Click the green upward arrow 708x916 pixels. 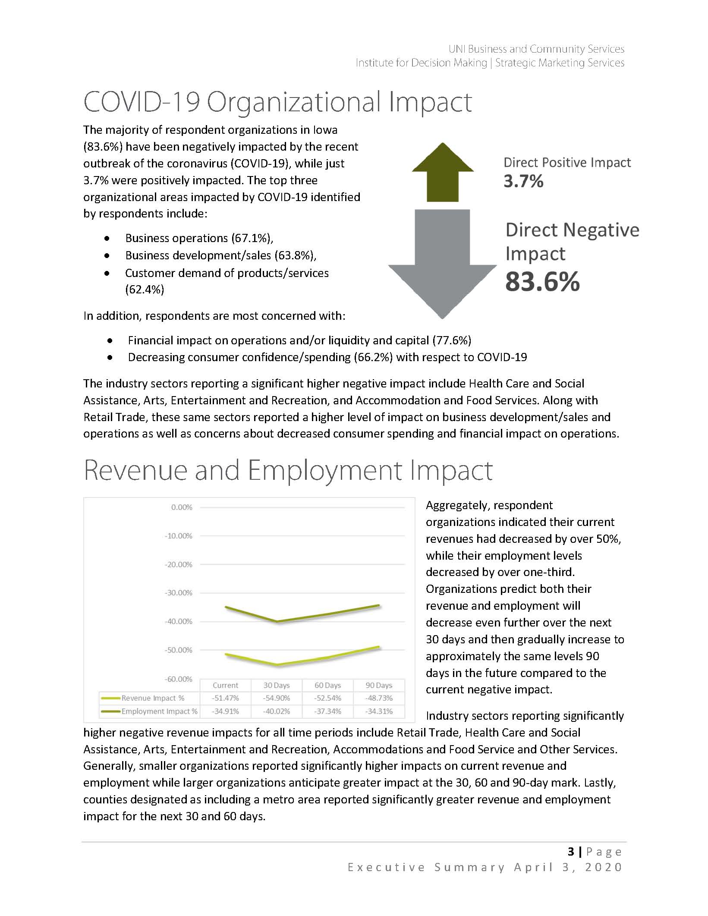tap(443, 173)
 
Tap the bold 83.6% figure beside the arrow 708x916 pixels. tap(542, 282)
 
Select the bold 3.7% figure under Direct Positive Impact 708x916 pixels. tap(523, 181)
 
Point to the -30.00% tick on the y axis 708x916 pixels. tap(178, 593)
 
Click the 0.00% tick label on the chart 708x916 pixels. tap(182, 507)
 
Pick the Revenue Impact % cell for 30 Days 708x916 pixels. tap(277, 698)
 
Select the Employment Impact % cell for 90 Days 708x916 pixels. tap(379, 711)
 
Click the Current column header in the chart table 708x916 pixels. tap(225, 686)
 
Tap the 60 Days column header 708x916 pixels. tap(327, 686)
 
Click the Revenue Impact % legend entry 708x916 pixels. tap(149, 698)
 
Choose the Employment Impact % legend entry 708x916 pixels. tap(149, 711)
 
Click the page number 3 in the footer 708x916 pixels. tap(571, 851)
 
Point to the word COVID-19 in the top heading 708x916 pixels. tap(142, 102)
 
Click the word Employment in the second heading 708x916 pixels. tap(325, 471)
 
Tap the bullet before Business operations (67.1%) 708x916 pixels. tap(107, 238)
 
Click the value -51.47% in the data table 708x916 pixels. tap(225, 698)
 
